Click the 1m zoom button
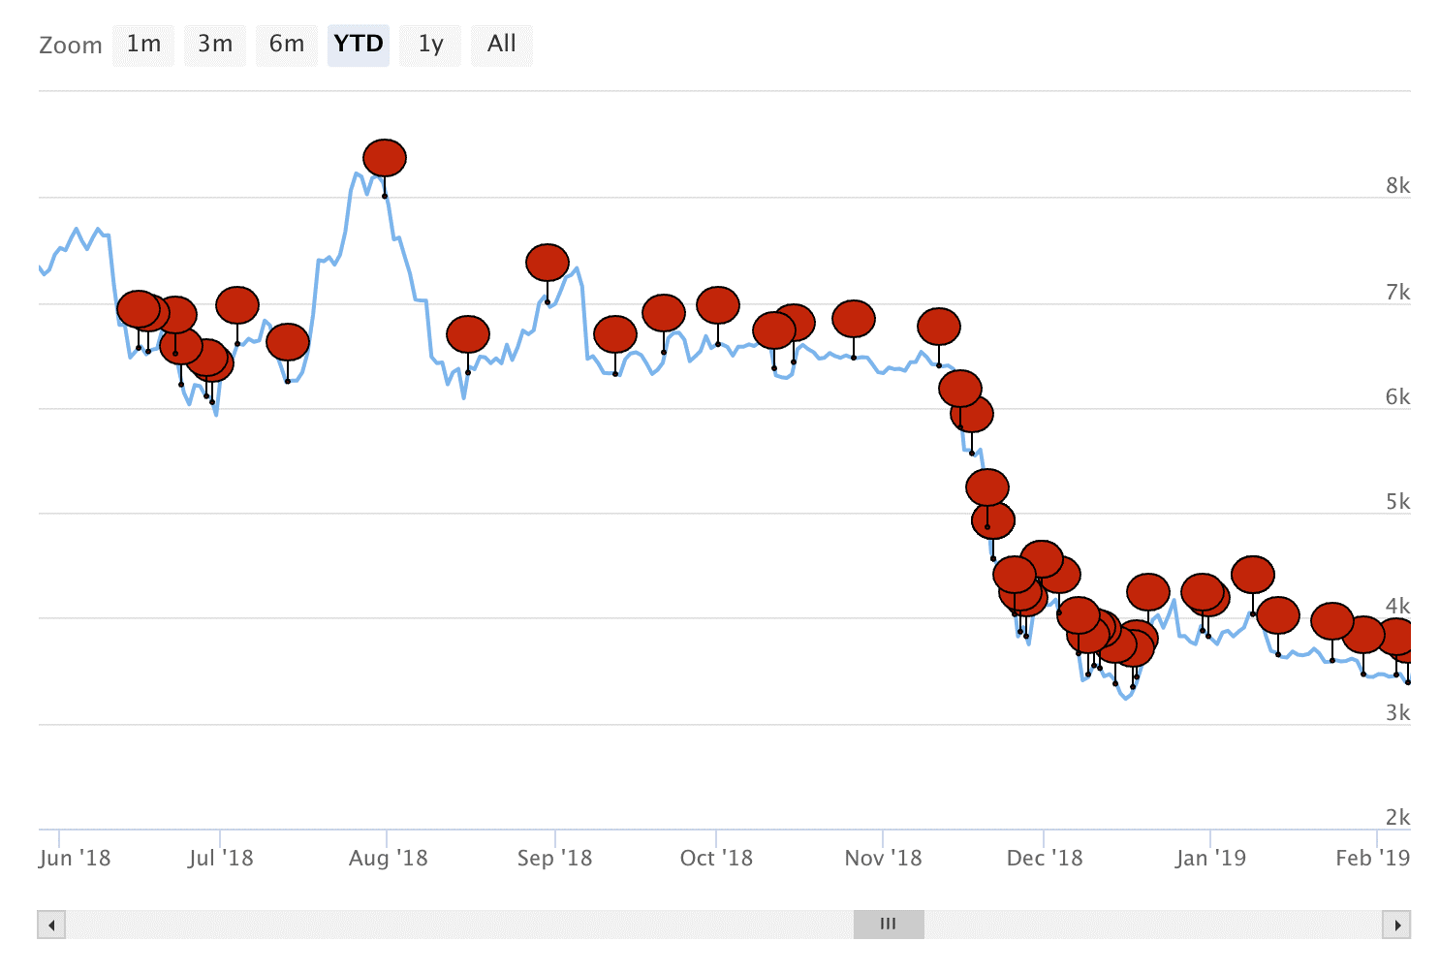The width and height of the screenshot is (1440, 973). [143, 45]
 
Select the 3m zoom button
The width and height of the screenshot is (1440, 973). [215, 45]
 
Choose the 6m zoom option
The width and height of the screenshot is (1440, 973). [287, 45]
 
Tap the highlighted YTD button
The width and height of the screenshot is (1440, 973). [359, 45]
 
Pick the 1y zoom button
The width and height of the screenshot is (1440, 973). [430, 45]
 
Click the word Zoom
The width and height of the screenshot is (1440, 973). [71, 46]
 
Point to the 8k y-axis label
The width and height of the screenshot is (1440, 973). [1397, 185]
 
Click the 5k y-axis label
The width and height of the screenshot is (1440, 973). [1397, 501]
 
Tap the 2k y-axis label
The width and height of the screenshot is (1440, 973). [1397, 817]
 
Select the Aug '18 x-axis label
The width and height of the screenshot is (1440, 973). [388, 858]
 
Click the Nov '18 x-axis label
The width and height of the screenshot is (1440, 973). [883, 858]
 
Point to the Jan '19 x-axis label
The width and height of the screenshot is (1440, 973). [1210, 858]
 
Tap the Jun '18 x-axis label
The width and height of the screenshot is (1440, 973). [75, 858]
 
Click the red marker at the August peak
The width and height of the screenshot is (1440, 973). [385, 158]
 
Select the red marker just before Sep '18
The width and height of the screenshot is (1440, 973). [548, 263]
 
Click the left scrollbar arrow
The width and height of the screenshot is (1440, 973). [51, 925]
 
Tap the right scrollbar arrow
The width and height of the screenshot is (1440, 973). [1396, 925]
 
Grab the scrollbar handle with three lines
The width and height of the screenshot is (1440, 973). [889, 925]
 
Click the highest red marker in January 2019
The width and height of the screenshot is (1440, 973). [1253, 575]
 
